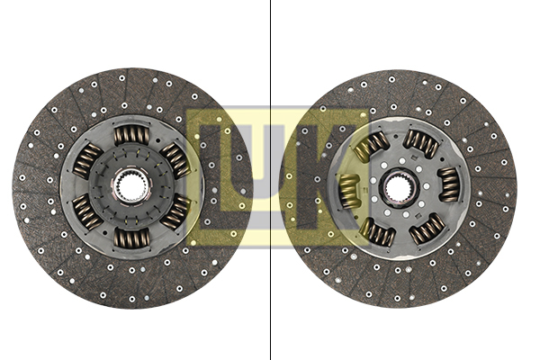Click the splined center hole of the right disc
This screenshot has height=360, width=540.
399,187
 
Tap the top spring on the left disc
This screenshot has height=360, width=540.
132,135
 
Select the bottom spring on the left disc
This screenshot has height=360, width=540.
132,238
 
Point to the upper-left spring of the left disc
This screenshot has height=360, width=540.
87,161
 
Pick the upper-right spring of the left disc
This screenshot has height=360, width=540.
176,160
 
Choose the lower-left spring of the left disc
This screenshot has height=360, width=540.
87,212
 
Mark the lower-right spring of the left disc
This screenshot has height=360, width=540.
176,211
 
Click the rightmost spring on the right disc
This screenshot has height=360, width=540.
449,184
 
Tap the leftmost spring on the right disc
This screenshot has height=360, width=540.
349,191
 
